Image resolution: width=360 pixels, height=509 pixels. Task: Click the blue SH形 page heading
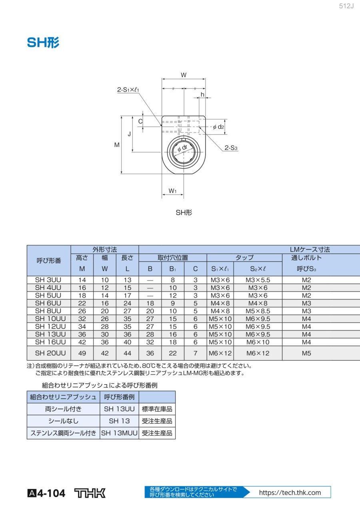(x=43, y=42)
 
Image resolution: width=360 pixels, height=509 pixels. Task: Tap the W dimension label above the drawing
(x=184, y=75)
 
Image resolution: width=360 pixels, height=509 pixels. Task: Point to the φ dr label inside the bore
(x=182, y=148)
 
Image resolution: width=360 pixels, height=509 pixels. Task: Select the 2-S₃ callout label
(x=231, y=148)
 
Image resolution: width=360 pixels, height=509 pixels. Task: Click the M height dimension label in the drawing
(x=117, y=145)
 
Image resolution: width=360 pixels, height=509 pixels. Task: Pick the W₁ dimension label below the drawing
(x=172, y=191)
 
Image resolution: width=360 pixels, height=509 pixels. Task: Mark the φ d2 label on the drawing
(x=218, y=127)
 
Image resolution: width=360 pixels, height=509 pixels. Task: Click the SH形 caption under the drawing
(x=184, y=213)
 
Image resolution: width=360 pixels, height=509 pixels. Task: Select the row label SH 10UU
(x=50, y=319)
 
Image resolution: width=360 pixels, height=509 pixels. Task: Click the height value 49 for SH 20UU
(x=82, y=353)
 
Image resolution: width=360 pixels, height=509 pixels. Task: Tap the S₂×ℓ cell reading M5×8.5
(x=258, y=311)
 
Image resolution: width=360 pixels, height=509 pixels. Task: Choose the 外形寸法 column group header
(x=104, y=250)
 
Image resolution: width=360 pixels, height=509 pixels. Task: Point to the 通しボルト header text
(x=306, y=258)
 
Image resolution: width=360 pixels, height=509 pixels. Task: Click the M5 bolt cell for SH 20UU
(x=306, y=353)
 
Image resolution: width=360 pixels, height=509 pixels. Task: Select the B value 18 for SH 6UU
(x=150, y=303)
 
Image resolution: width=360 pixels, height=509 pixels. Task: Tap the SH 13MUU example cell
(x=119, y=433)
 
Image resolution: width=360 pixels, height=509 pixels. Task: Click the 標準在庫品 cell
(x=157, y=409)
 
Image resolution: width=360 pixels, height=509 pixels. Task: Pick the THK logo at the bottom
(x=90, y=493)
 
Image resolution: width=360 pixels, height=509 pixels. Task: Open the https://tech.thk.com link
(x=290, y=493)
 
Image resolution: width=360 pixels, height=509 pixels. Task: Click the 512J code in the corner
(x=346, y=6)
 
